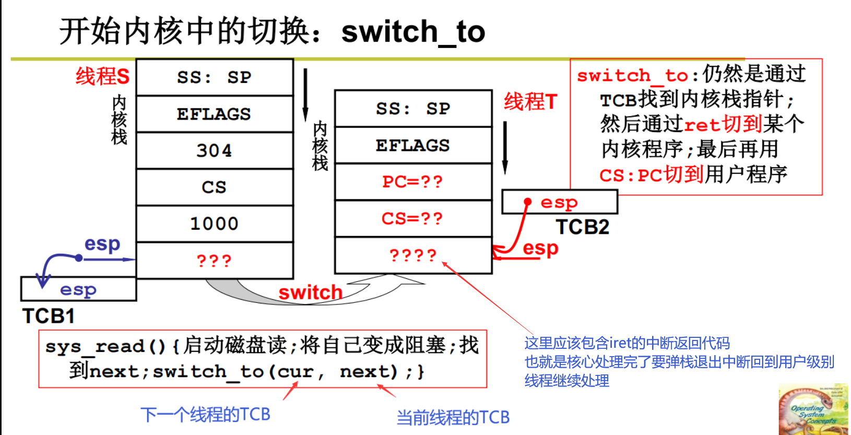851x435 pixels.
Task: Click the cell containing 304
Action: coord(214,150)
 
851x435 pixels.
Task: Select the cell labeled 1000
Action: coord(214,224)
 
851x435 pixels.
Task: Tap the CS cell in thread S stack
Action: coord(214,187)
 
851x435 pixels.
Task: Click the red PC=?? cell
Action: coord(412,182)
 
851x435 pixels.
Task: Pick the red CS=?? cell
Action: coord(412,218)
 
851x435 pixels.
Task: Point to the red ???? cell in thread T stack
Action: coord(412,255)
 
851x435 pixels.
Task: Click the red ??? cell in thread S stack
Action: coord(214,260)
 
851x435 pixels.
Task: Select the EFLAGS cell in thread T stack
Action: coord(412,145)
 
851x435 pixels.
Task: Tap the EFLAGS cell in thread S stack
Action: coord(214,114)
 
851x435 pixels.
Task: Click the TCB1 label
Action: coord(49,316)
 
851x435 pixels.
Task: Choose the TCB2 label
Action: coord(582,227)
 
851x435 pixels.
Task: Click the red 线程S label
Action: coord(102,76)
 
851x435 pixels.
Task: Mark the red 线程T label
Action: coord(530,101)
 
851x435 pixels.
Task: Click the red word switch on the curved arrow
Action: coord(310,292)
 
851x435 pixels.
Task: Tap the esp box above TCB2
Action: coord(559,202)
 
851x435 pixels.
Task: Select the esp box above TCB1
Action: coord(78,289)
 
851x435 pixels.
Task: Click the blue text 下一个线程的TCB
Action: coord(205,415)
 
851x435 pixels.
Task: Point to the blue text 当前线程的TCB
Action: coord(453,417)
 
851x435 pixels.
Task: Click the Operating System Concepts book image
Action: coord(813,410)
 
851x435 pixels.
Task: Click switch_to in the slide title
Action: coord(413,31)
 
